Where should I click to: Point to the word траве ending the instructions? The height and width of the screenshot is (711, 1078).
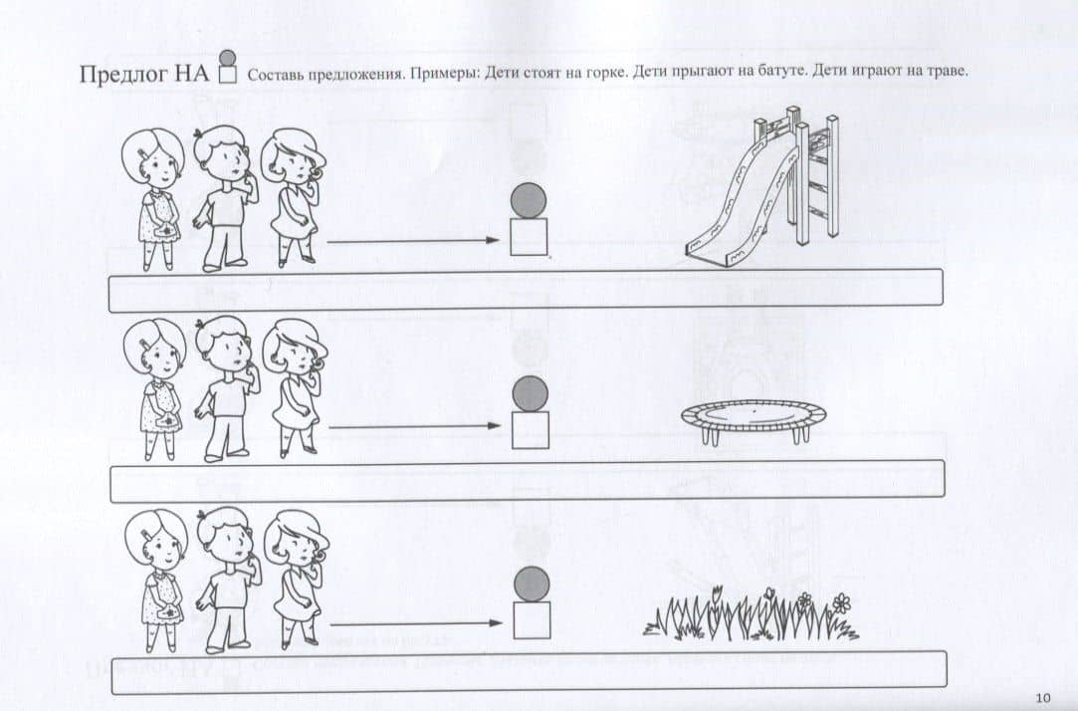click(947, 72)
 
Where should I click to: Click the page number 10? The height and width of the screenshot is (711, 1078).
click(1042, 698)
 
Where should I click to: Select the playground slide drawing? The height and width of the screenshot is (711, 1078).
click(763, 186)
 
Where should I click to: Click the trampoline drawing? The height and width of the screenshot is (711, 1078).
click(755, 421)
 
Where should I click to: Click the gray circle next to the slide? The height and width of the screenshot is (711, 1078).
click(528, 201)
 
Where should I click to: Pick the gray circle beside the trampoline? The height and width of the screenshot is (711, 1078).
click(531, 393)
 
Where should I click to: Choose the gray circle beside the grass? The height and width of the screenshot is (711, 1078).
click(532, 584)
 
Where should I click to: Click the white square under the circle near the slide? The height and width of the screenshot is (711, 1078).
click(528, 237)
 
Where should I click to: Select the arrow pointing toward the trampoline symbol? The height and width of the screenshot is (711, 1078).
click(414, 426)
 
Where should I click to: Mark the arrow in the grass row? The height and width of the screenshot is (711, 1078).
click(417, 623)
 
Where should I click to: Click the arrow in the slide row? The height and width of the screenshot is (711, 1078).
click(412, 241)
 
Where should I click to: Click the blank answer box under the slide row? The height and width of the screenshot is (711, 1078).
click(526, 291)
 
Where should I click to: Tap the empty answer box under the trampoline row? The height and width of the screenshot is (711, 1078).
click(528, 481)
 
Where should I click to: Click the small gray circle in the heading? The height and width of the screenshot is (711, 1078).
click(227, 58)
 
